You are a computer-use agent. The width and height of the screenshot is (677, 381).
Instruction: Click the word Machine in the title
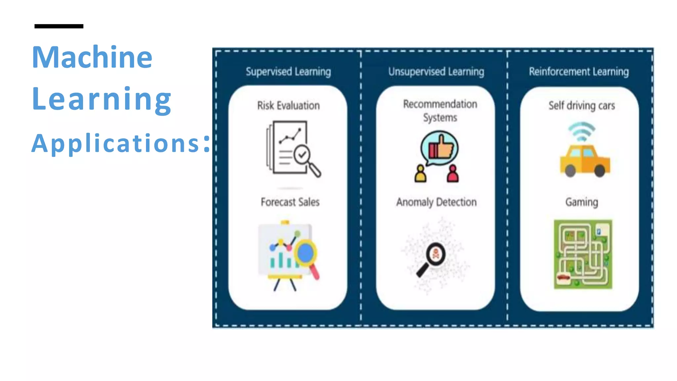coord(92,57)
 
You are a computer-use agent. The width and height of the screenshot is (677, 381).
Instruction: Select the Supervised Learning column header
coord(288,71)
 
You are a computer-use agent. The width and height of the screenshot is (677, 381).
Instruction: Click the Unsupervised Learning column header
coord(436,71)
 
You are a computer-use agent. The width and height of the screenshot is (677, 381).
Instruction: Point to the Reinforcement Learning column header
coord(578,71)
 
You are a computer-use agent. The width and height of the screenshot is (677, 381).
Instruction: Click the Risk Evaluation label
coord(288,106)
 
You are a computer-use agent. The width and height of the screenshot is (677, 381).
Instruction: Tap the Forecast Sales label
coord(290,202)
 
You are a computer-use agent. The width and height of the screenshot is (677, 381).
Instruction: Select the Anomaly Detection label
coord(436,202)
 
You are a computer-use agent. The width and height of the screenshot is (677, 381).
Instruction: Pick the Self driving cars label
coord(581,106)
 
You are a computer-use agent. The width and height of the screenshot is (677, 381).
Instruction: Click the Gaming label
coord(581,202)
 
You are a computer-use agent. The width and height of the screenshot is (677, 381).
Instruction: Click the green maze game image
coord(583,254)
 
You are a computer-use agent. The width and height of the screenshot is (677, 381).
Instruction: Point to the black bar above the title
coord(59,26)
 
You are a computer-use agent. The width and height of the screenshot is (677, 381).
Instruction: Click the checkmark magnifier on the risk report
coord(306,159)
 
